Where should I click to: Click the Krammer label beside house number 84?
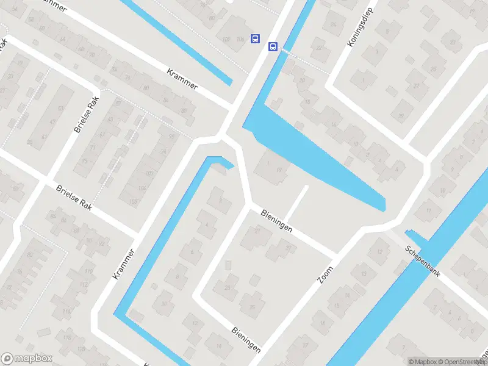click(x=182, y=77)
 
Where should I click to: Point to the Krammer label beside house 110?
click(x=123, y=264)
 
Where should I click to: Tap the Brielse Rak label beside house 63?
click(x=85, y=116)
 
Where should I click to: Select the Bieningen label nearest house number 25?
click(x=246, y=340)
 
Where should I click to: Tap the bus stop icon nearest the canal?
click(x=272, y=46)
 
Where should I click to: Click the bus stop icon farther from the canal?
click(x=255, y=38)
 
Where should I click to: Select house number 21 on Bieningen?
click(x=257, y=231)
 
